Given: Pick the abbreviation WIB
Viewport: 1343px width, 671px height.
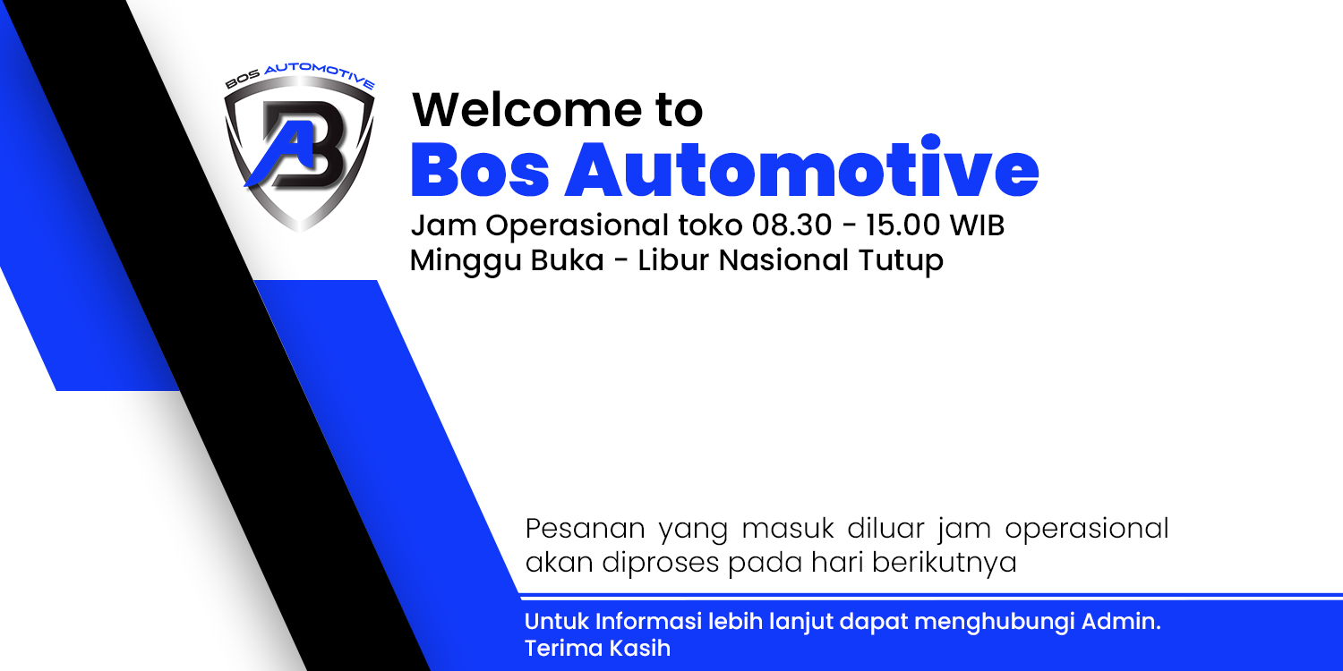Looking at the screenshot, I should coord(977,225).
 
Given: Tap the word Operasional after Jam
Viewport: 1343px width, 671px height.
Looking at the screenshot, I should coord(569,225).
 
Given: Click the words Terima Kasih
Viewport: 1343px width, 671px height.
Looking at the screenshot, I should coord(597,648).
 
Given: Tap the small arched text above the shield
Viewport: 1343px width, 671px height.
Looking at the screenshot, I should coord(299,79).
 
